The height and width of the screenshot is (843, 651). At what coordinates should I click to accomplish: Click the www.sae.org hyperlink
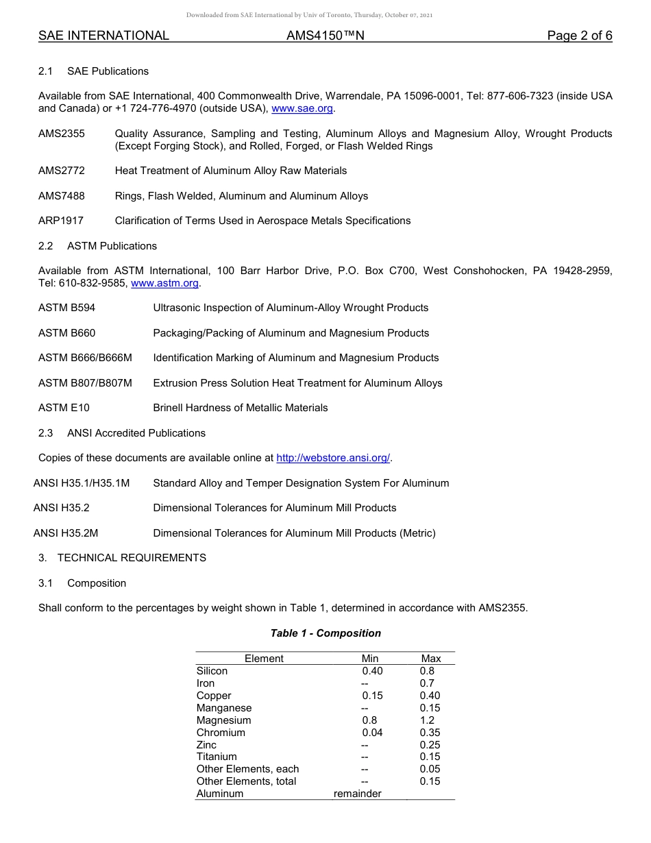coord(302,108)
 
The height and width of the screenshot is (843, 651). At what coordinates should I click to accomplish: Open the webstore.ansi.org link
coord(333,458)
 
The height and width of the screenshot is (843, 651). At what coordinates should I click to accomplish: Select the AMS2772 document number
coord(62,171)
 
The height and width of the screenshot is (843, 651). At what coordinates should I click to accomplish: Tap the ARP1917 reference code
coord(61,221)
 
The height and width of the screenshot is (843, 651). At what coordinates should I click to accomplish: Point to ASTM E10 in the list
coord(64,408)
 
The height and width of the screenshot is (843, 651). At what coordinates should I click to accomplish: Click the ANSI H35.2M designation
coord(66,533)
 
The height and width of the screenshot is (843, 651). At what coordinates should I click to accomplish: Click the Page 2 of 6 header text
coord(579,36)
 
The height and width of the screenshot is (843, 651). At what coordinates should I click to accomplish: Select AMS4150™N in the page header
coord(325,36)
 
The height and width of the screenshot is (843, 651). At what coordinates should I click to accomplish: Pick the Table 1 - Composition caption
coord(325,633)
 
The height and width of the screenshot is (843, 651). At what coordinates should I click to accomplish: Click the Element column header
coord(264,659)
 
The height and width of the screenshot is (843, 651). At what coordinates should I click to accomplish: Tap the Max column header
coord(431,659)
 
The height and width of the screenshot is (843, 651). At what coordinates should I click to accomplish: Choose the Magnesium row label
coord(223,720)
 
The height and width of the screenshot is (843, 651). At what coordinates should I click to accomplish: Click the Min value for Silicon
coord(372,671)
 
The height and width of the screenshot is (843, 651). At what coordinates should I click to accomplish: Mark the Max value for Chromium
coord(430,733)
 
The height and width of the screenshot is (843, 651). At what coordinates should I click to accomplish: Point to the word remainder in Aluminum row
coord(357,794)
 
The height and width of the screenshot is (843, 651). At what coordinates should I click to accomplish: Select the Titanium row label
coord(217,757)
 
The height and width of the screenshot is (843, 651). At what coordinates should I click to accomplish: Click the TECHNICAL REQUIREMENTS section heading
coord(132,558)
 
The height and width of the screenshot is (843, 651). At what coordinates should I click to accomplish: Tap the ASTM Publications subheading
coord(112,246)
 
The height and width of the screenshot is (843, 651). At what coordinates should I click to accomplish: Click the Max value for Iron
coord(427,683)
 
